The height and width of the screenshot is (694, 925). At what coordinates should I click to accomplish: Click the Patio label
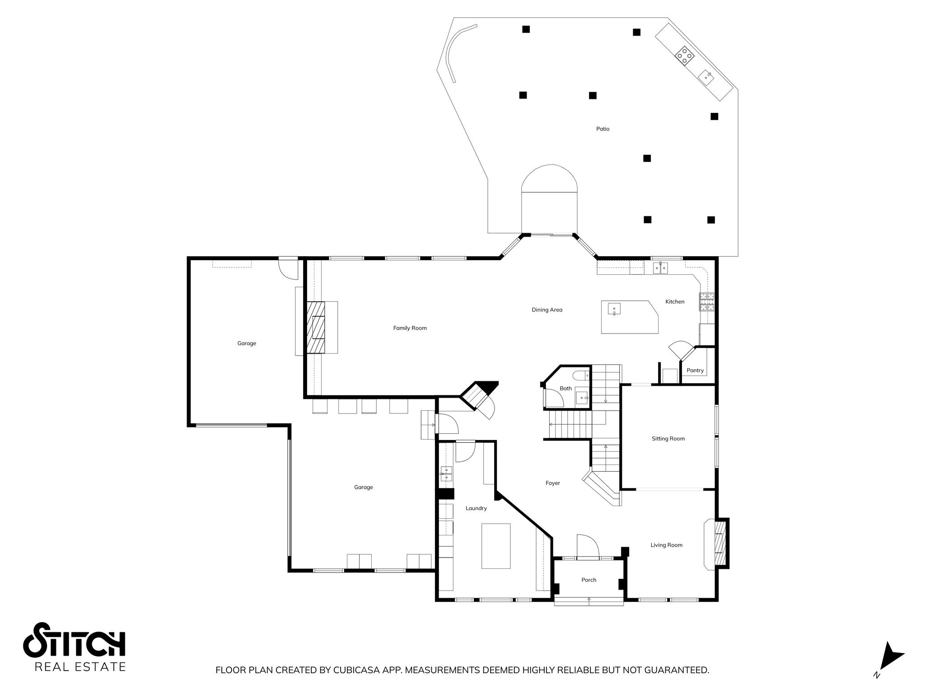point(603,129)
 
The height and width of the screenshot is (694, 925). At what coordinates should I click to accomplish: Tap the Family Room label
point(410,328)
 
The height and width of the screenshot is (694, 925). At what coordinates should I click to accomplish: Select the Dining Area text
point(547,310)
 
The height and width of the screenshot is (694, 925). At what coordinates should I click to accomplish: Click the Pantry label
point(695,370)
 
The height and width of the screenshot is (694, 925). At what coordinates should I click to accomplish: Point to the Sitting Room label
point(668,439)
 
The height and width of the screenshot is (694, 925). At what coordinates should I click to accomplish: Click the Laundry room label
point(476,508)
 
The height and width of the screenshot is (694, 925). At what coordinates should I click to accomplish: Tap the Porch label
point(589,580)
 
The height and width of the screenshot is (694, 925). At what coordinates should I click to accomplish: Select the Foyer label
point(552,483)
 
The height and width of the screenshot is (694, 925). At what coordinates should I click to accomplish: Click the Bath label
point(565,389)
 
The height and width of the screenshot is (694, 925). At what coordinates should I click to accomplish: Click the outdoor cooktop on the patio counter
point(684,55)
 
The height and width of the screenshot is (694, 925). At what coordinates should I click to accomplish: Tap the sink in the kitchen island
point(614,309)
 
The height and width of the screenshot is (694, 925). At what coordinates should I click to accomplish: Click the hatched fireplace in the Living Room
point(720,544)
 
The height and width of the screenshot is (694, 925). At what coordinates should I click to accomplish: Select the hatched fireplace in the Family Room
point(316,328)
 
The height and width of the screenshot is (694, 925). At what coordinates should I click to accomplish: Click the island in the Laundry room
point(495,546)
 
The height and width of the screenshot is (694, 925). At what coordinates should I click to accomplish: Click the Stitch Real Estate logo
point(75,647)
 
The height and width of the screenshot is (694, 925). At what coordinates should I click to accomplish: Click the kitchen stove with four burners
point(707,302)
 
